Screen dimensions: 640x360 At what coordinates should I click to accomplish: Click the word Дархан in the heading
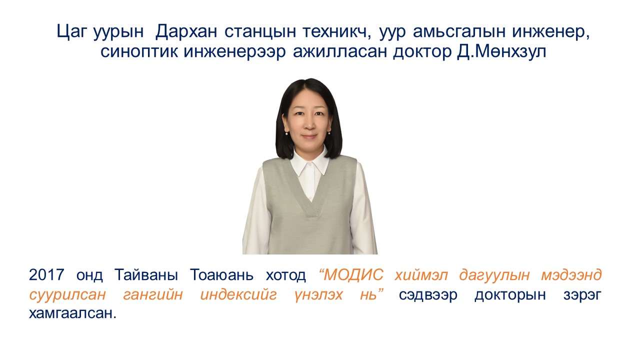pos(186,31)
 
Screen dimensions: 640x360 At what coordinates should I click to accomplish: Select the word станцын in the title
pos(260,31)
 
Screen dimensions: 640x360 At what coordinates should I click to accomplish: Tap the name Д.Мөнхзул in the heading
pos(501,51)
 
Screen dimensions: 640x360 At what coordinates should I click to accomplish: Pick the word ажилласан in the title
pos(340,51)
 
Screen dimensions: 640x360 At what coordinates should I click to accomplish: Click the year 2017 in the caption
pos(46,275)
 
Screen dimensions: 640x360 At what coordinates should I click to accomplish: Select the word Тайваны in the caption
pos(146,275)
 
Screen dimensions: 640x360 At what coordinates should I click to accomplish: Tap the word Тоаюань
pos(221,275)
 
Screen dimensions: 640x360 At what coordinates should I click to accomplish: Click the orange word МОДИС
pos(353,275)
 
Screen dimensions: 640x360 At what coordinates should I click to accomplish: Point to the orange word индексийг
pos(238,294)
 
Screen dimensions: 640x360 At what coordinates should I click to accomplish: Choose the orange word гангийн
pos(153,294)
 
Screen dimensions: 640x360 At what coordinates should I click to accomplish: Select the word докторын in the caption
pos(510,294)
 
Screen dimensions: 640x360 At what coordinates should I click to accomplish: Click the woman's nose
pos(309,124)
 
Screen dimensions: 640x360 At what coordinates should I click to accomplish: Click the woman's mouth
pos(309,137)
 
